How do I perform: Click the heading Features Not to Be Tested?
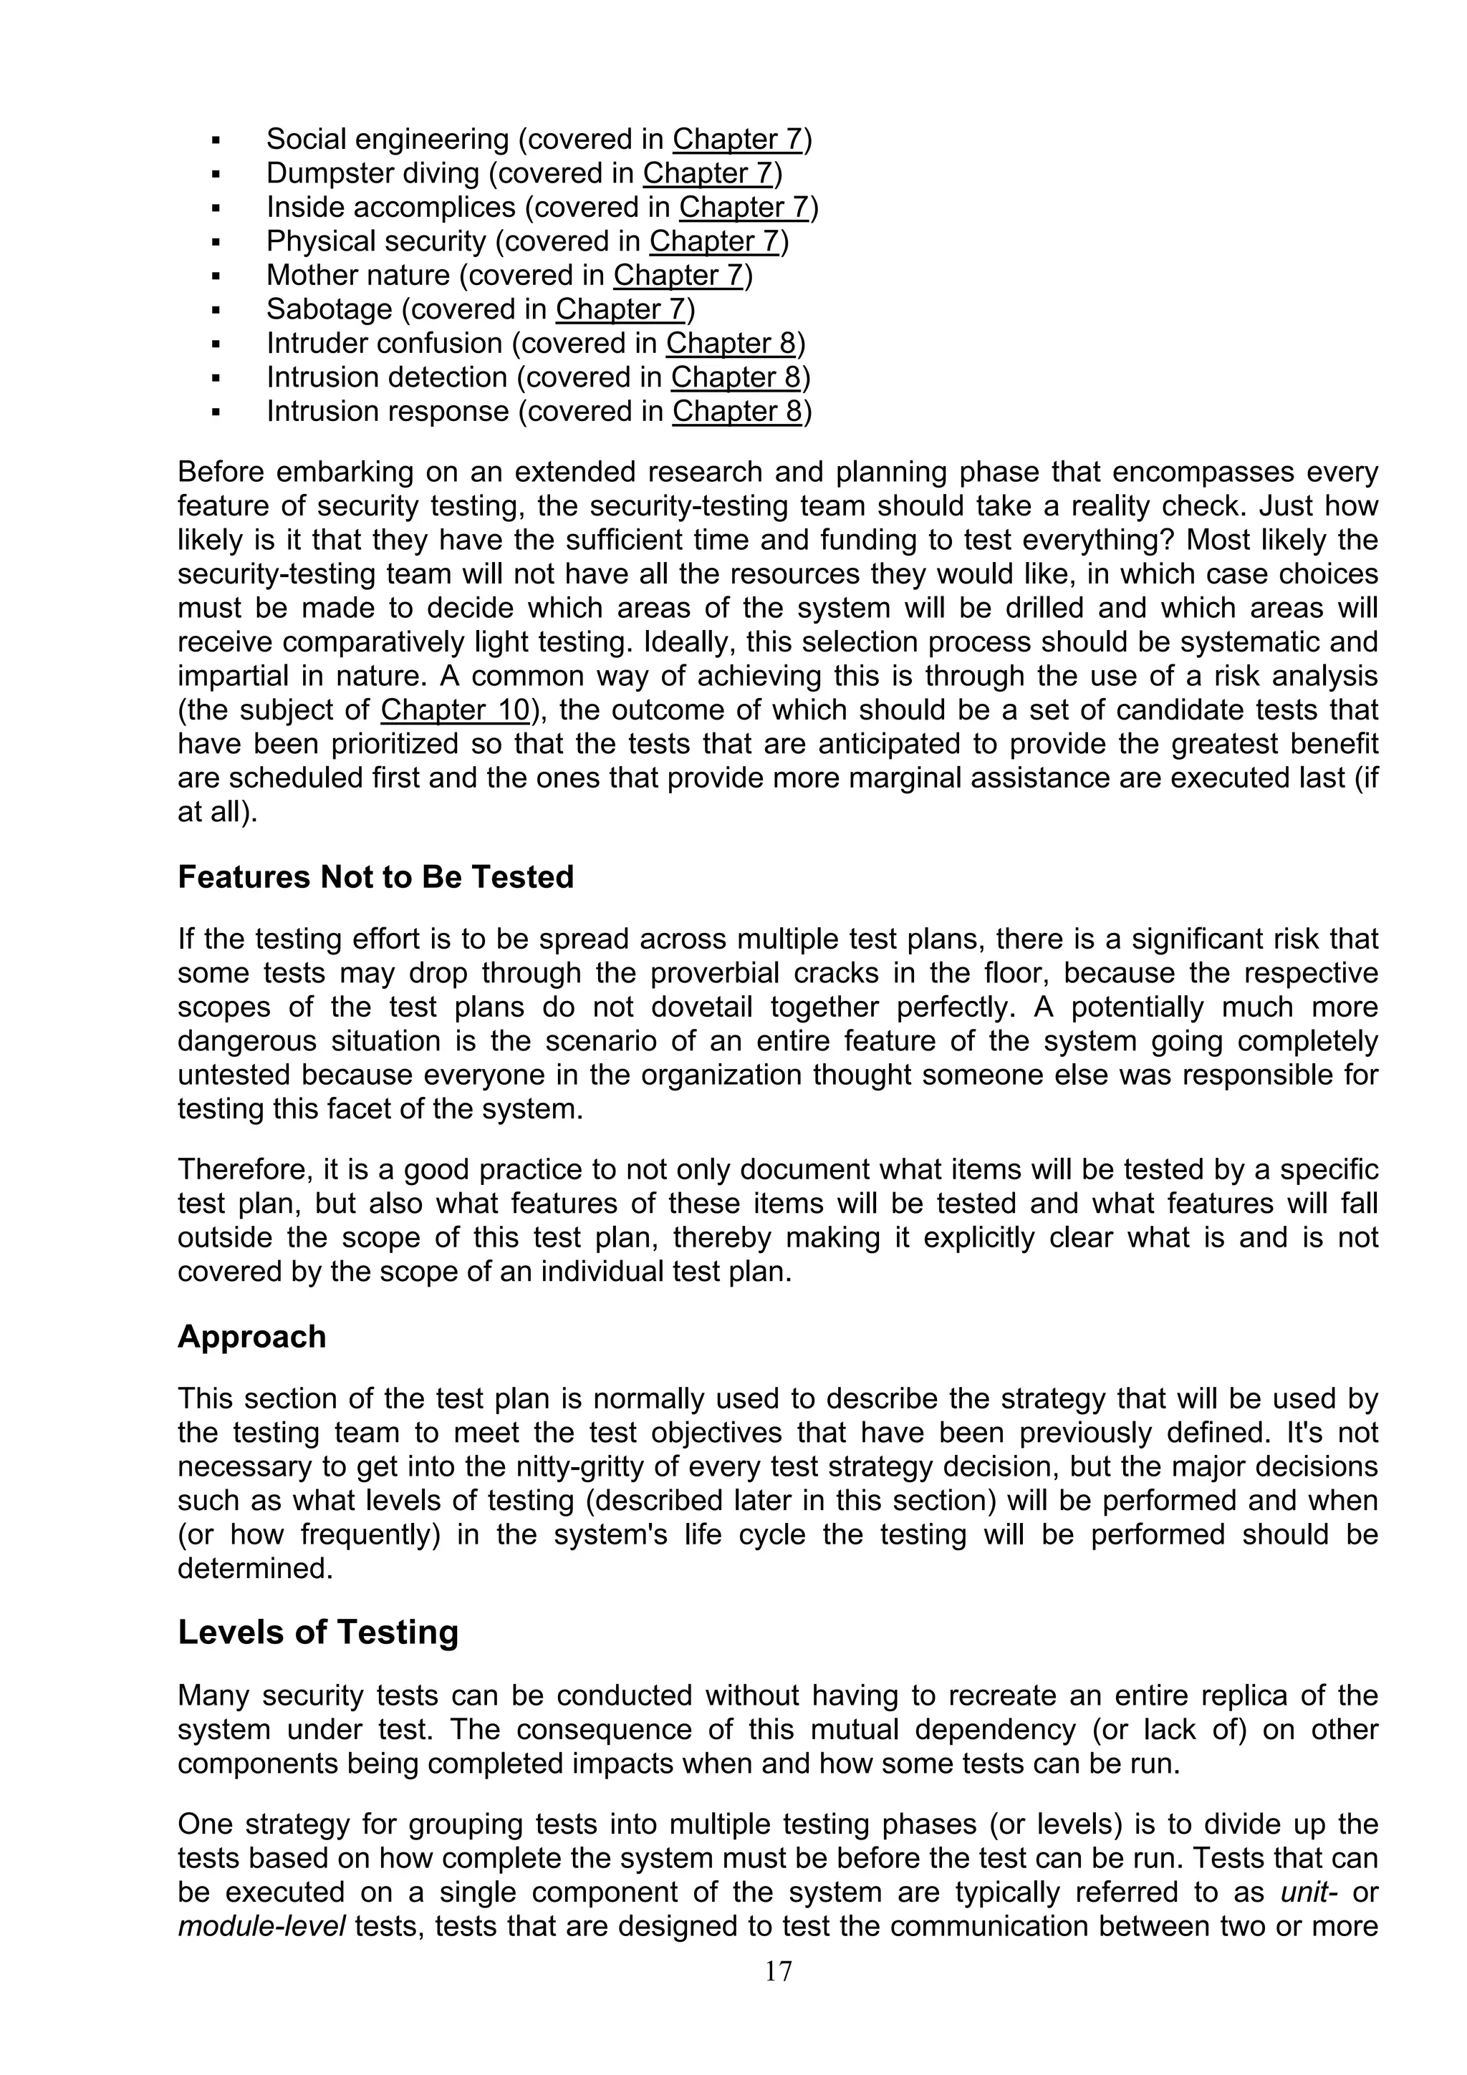point(375,878)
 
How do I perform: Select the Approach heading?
point(251,1337)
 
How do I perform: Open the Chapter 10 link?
point(455,710)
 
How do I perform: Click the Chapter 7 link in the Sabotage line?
point(621,309)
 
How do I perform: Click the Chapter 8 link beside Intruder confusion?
point(731,344)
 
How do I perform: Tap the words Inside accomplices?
point(390,208)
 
